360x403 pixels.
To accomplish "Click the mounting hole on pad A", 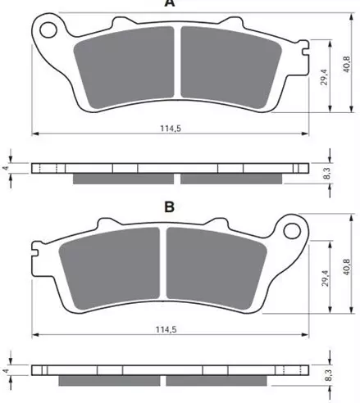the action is tap(48, 29).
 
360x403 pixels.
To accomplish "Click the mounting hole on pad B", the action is tap(292, 231).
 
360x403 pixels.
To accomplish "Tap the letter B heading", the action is tap(170, 207).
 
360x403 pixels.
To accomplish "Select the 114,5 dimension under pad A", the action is tap(171, 128).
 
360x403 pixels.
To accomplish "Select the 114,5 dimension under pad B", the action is tap(166, 329).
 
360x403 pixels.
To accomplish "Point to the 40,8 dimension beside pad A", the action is tap(347, 65).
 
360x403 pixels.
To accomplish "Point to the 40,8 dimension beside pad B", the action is tap(347, 267).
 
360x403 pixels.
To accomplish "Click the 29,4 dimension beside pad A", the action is tap(324, 77).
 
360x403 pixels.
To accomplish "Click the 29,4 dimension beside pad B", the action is tap(325, 278).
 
